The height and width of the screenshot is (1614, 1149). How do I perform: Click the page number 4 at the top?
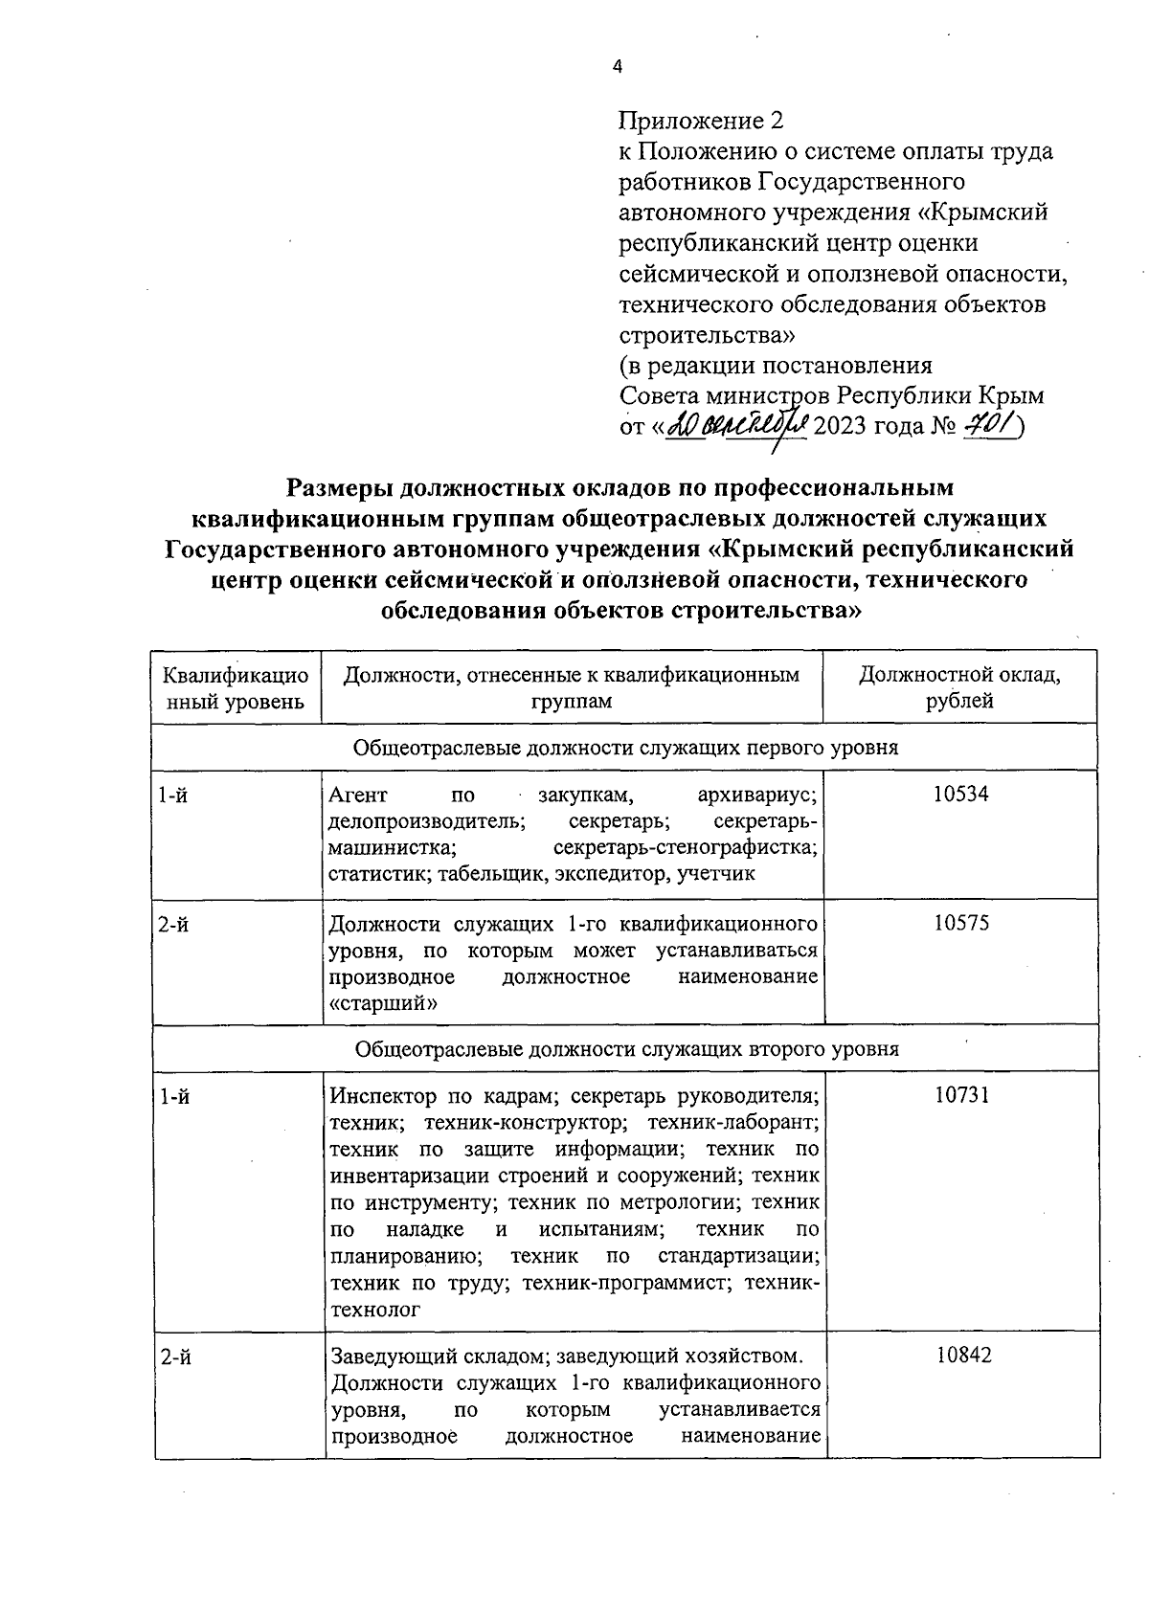pos(616,66)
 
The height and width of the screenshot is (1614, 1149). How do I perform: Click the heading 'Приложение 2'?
pos(701,121)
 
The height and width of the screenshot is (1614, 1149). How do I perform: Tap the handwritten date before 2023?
pos(737,425)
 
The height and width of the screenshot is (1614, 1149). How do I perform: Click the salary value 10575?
pos(961,924)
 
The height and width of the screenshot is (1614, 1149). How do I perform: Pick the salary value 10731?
pos(961,1095)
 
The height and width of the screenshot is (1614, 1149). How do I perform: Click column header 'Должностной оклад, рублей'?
pos(959,687)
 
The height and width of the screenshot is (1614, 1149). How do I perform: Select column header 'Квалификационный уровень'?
pos(236,687)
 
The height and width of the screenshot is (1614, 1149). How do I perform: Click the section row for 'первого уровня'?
pos(626,748)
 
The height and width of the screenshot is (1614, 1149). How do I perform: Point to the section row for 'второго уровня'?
pos(626,1048)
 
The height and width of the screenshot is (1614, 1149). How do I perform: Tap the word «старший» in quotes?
pos(383,1003)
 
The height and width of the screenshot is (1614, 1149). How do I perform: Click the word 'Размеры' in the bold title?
pos(339,487)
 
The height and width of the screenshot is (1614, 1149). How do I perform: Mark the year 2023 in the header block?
pos(840,425)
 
